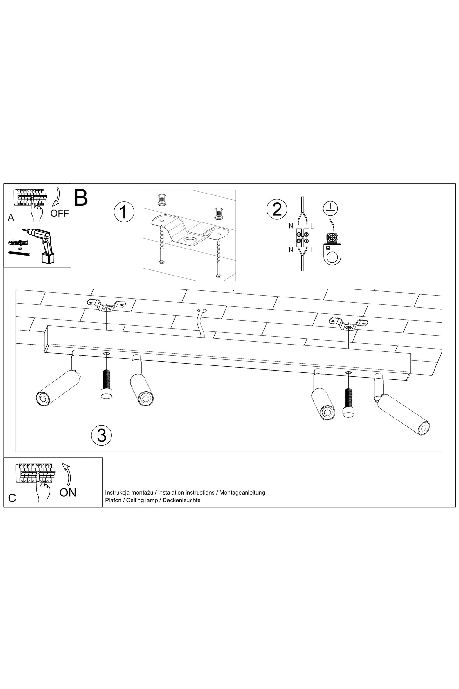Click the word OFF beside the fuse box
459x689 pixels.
click(x=60, y=213)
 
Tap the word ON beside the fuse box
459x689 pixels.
click(x=68, y=492)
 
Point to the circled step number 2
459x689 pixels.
click(x=277, y=209)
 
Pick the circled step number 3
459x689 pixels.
click(x=102, y=435)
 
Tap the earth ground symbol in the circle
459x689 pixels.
click(x=330, y=208)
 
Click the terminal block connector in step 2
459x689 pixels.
click(x=302, y=238)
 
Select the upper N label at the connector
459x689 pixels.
click(x=291, y=226)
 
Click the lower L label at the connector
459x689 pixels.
click(x=312, y=250)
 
